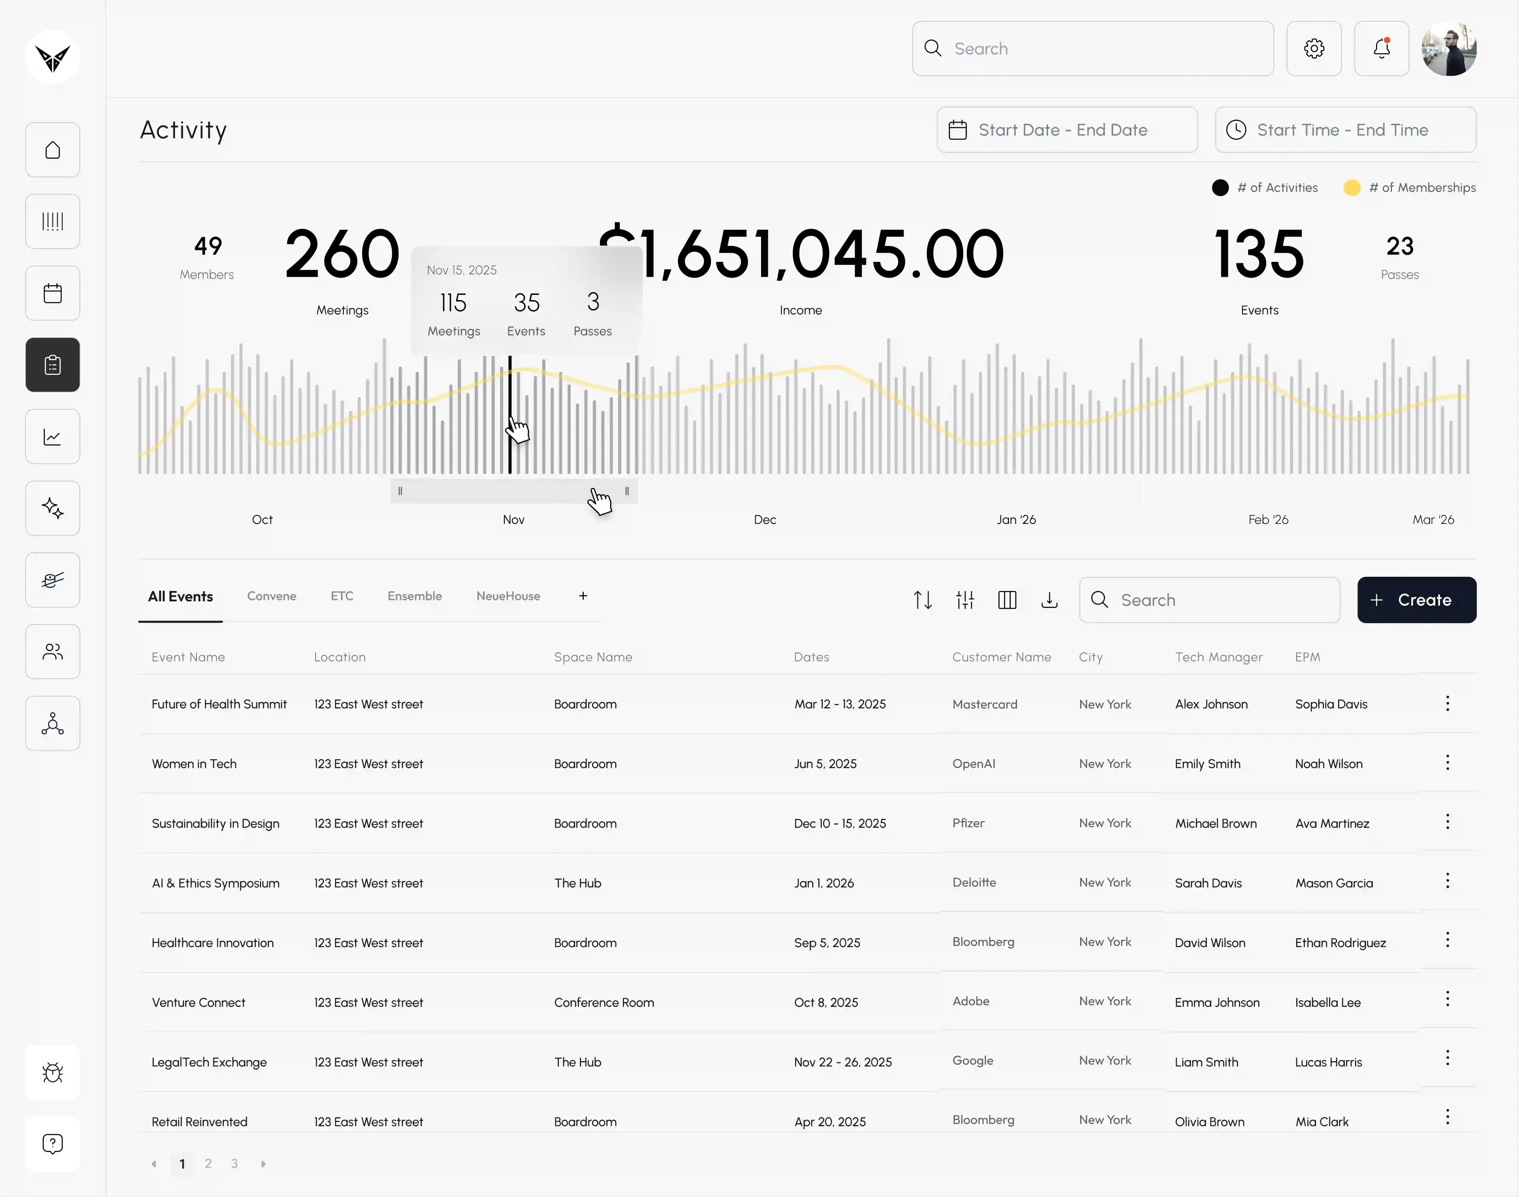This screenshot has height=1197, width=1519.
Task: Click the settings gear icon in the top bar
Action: pos(1314,48)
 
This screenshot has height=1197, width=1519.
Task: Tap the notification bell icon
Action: pos(1382,48)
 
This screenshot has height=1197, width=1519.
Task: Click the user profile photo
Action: pos(1449,48)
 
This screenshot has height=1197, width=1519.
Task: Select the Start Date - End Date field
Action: pos(1067,129)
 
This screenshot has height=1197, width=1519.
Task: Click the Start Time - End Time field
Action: pos(1345,129)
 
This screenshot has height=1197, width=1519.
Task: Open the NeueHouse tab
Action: pos(508,596)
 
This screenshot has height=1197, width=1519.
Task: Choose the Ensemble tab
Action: pos(414,596)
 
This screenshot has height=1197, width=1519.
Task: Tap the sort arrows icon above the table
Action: pos(923,600)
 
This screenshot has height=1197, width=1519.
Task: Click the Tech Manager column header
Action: pos(1218,657)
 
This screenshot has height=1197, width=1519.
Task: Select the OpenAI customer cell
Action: pos(974,763)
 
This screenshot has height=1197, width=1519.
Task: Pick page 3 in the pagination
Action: pos(234,1163)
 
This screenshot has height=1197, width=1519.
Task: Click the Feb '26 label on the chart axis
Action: pos(1268,519)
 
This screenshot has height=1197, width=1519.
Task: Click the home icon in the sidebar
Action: pos(53,150)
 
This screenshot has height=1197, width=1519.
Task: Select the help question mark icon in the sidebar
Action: pos(53,1144)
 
